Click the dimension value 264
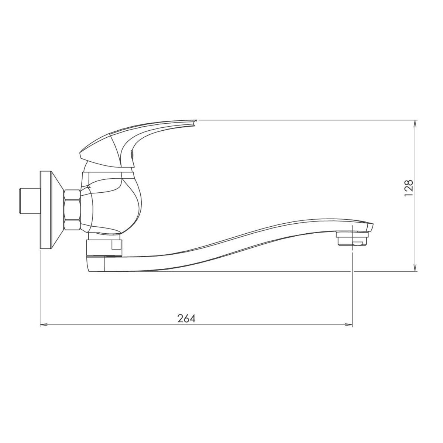click(186, 318)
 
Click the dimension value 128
click(409, 188)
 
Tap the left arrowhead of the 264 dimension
click(44, 325)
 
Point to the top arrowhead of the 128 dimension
click(415, 124)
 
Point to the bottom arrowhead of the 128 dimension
click(415, 268)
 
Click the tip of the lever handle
click(196, 120)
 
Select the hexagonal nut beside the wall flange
click(72, 210)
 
